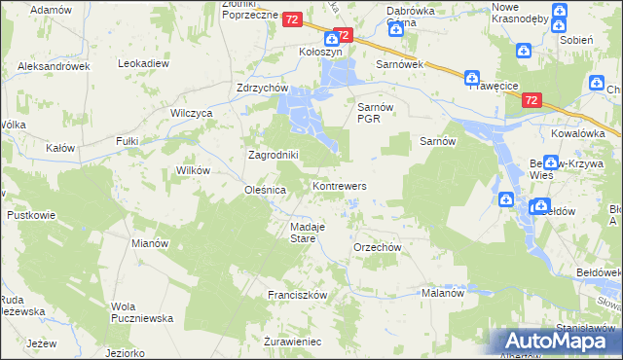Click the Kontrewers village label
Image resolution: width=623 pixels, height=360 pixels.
tap(339, 185)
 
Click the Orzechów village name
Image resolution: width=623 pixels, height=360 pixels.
tap(378, 247)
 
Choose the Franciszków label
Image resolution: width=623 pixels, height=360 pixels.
tap(297, 294)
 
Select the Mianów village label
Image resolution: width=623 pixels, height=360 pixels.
tap(150, 243)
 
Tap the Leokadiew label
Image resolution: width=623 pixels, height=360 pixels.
tap(144, 63)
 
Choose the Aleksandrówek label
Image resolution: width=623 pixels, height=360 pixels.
tap(54, 66)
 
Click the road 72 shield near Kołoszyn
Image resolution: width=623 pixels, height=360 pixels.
tap(292, 19)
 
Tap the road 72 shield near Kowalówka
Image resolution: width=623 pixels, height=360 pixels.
tap(531, 100)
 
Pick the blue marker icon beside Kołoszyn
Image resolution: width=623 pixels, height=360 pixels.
tap(332, 38)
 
